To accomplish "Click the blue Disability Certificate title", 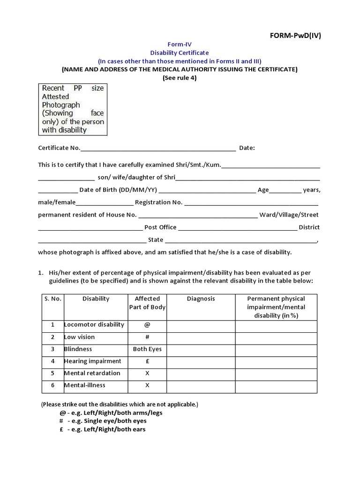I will pos(180,53).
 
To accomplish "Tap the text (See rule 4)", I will pos(180,78).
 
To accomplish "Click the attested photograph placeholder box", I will pos(73,109).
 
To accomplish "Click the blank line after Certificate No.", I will pos(158,149).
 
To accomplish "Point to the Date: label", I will pos(247,148).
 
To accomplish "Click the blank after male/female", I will pos(104,203).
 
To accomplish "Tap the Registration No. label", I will pos(158,202).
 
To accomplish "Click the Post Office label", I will pos(160,227).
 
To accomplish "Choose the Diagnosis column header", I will pos(201,299).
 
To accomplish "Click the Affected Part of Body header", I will pos(147,303).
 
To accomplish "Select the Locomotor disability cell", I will pos(94,325).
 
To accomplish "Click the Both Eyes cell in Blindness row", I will pos(147,349).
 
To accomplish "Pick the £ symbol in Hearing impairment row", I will pos(147,361).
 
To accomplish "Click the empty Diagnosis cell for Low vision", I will pos(201,337).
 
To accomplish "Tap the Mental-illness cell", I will pos(85,385).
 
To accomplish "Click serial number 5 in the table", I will pos(53,373).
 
